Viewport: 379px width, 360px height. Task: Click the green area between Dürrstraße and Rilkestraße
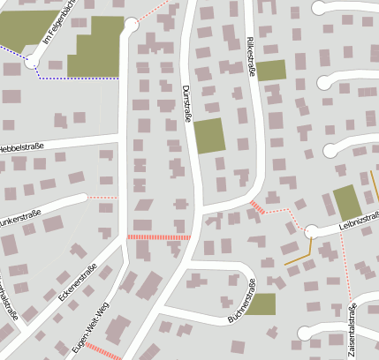click(x=209, y=136)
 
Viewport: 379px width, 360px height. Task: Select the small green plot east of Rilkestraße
click(x=271, y=71)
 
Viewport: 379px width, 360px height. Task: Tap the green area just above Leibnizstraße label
click(x=347, y=203)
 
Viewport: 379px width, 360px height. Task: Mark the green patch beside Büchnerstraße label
click(x=261, y=304)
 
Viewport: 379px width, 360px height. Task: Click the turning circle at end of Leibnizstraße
click(x=311, y=232)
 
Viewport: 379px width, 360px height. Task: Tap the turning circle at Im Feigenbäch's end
click(x=32, y=61)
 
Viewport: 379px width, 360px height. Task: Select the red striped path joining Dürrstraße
click(x=159, y=237)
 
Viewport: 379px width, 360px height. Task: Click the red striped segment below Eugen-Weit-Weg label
click(x=104, y=350)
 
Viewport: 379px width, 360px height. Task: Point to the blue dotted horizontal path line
click(x=80, y=79)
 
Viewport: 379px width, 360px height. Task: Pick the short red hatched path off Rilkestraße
click(x=257, y=208)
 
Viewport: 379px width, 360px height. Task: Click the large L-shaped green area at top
click(x=97, y=49)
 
